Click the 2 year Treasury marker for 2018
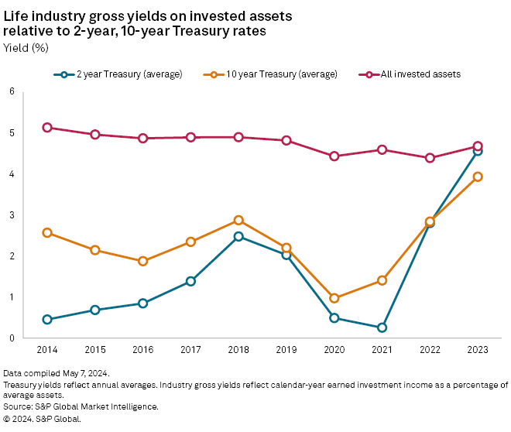click(x=238, y=236)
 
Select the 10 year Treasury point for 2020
click(x=334, y=298)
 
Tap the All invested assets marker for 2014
click(x=47, y=128)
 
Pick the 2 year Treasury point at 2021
click(x=382, y=327)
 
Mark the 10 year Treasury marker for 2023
click(x=478, y=177)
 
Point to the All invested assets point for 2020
click(x=334, y=156)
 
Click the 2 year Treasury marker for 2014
click(x=47, y=319)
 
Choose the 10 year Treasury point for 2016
click(x=142, y=261)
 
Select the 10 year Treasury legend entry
click(x=273, y=74)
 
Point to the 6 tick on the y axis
click(x=12, y=91)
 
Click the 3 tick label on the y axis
click(x=12, y=214)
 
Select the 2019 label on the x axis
click(x=286, y=350)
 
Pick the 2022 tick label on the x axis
click(x=430, y=350)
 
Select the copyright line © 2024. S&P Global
click(x=42, y=418)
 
